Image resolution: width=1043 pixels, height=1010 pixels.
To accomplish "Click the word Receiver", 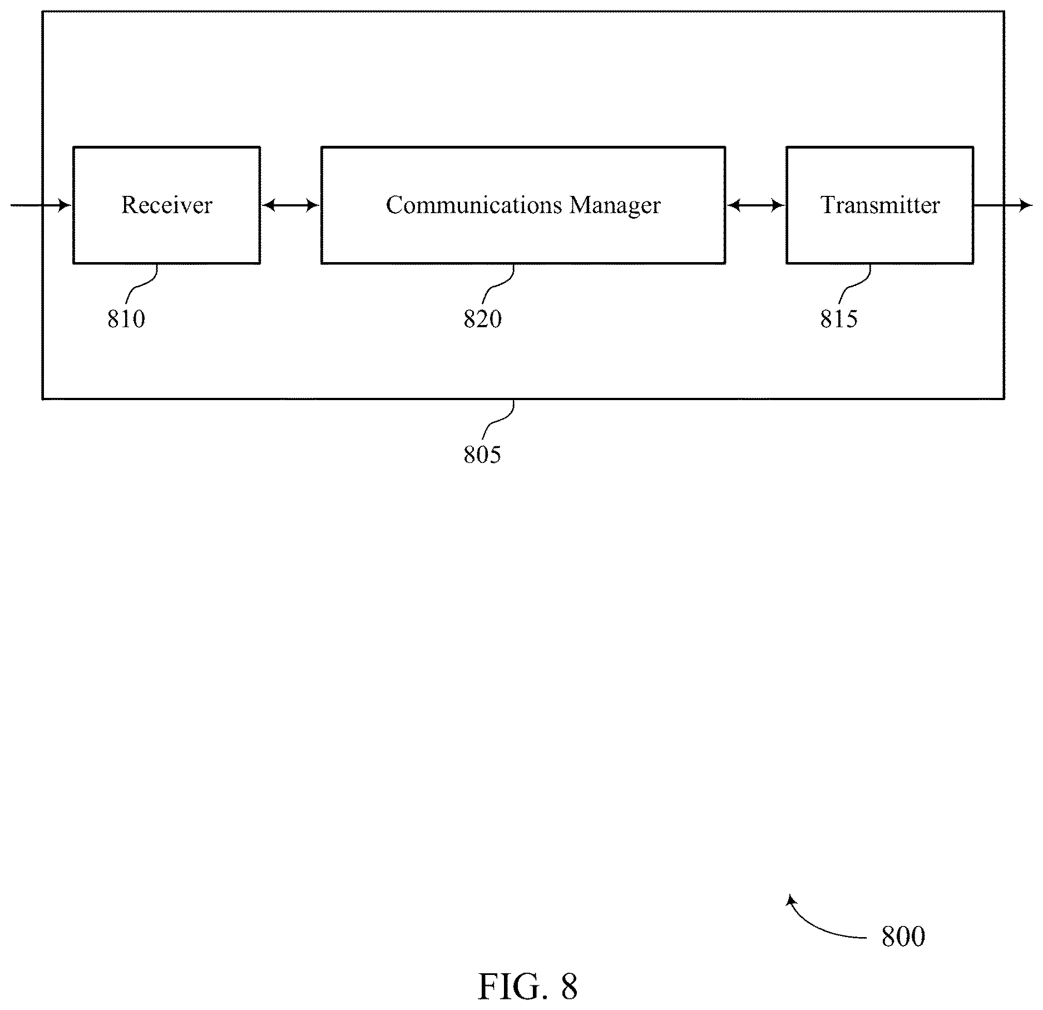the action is click(x=167, y=205).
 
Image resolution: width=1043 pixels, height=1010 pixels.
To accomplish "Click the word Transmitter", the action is click(x=880, y=205).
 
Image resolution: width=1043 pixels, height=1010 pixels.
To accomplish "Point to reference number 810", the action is click(x=126, y=319).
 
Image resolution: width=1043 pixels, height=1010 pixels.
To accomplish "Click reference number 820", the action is click(x=483, y=319).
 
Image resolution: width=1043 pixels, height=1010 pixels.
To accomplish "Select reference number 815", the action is click(x=839, y=319).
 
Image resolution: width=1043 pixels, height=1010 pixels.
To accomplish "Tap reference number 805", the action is click(x=482, y=455).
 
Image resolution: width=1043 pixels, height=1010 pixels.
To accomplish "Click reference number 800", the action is click(x=903, y=937).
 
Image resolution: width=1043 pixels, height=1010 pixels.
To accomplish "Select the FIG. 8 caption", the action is click(x=527, y=987).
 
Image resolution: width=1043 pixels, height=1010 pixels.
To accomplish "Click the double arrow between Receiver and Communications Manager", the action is click(x=290, y=206).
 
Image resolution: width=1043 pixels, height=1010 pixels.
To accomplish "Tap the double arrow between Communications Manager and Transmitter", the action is click(x=755, y=206).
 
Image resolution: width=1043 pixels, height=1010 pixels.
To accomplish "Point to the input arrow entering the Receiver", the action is click(x=41, y=206).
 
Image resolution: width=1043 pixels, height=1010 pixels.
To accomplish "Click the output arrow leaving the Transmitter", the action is click(x=1003, y=206).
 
